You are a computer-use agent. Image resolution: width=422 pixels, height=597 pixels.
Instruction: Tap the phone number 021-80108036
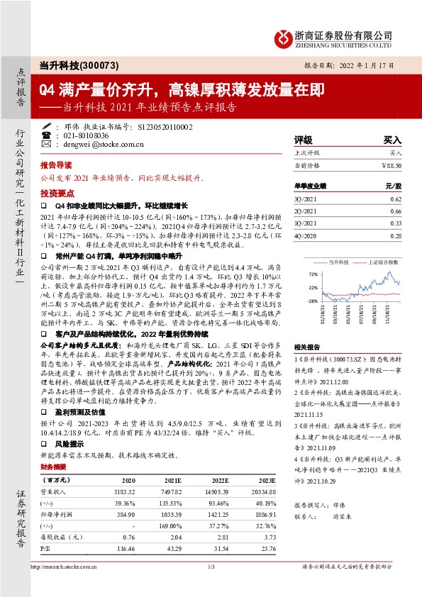[87, 135]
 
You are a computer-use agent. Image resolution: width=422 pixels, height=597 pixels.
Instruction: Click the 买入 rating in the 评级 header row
[392, 140]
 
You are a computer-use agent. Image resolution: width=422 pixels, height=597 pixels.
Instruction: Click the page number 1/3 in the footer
[211, 586]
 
